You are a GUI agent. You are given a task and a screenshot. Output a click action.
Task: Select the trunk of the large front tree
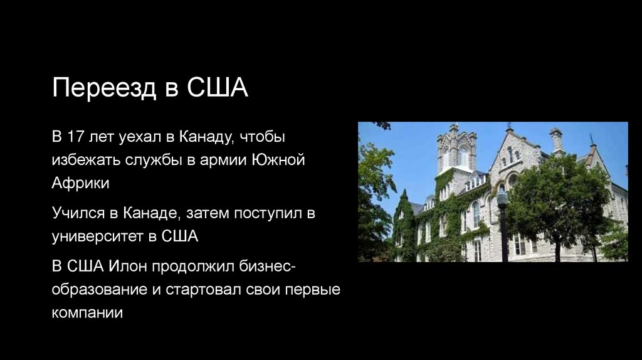pos(556,247)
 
